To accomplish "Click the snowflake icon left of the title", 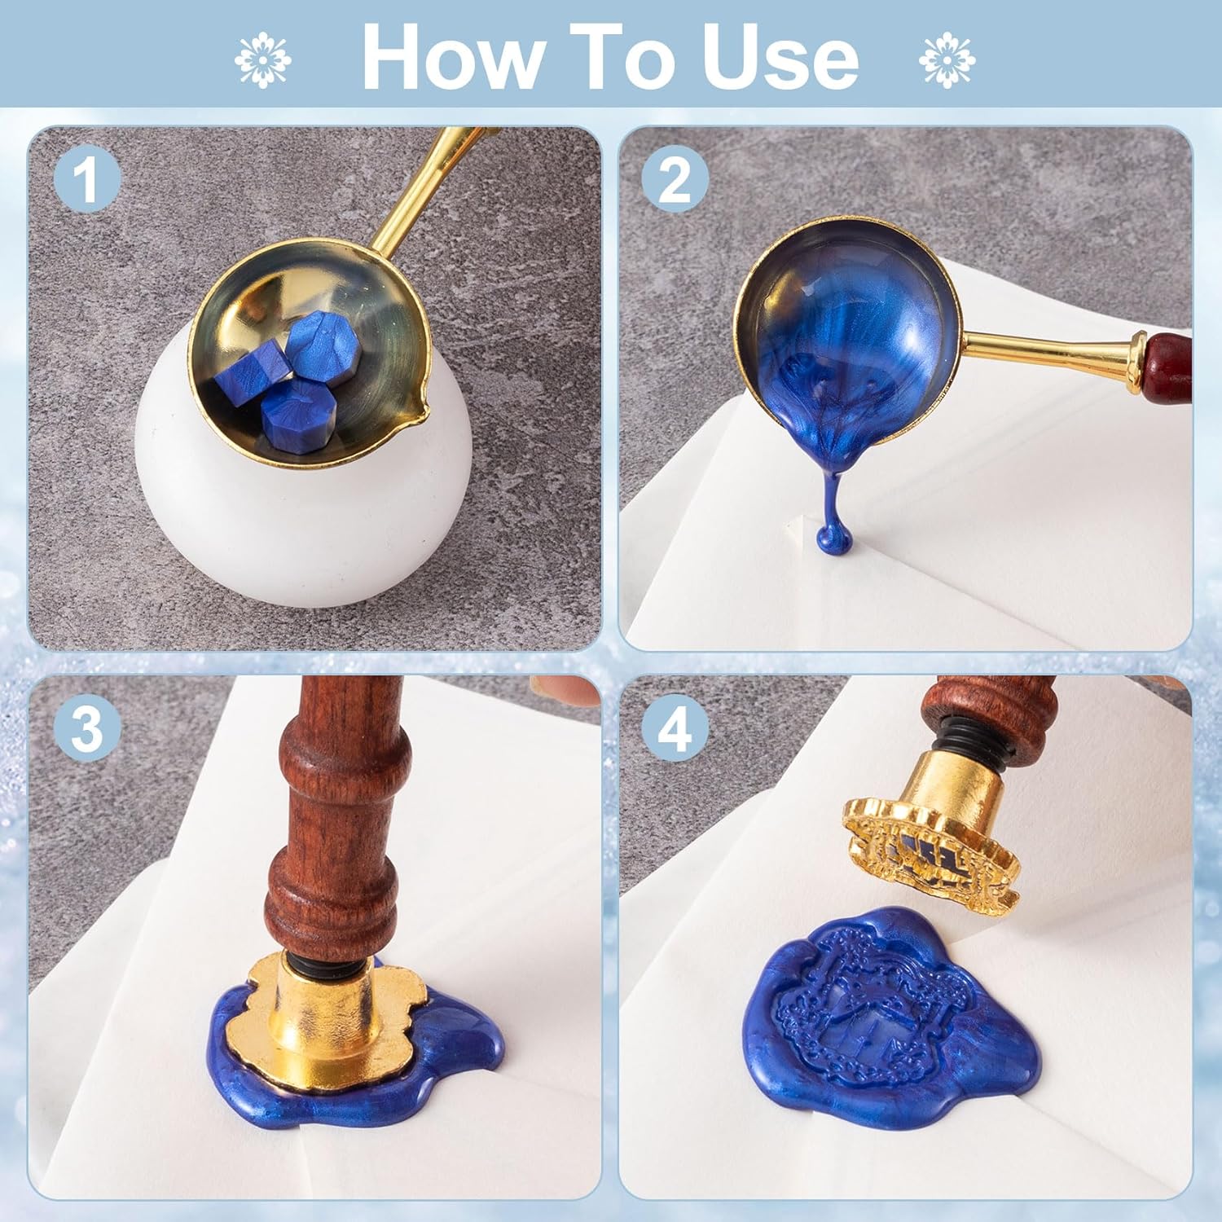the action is [263, 59].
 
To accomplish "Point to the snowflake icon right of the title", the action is [947, 59].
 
